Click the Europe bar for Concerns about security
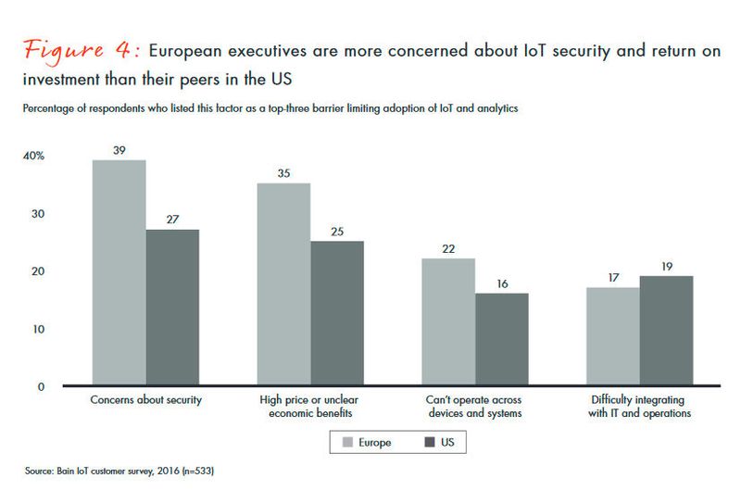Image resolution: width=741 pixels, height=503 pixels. click(x=119, y=273)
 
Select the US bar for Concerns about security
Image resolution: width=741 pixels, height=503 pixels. click(x=172, y=308)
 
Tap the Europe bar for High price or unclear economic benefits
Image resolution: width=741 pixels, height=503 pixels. click(x=283, y=284)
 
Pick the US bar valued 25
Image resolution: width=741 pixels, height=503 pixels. click(x=337, y=313)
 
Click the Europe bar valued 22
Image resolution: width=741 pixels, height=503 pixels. click(x=448, y=322)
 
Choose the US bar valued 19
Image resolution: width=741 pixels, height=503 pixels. click(x=666, y=331)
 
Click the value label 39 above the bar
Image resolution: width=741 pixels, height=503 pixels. click(x=119, y=150)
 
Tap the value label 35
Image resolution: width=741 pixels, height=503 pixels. click(x=283, y=173)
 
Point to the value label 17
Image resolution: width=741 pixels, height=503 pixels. click(x=612, y=277)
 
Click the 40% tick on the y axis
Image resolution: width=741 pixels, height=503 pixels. click(x=33, y=157)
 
